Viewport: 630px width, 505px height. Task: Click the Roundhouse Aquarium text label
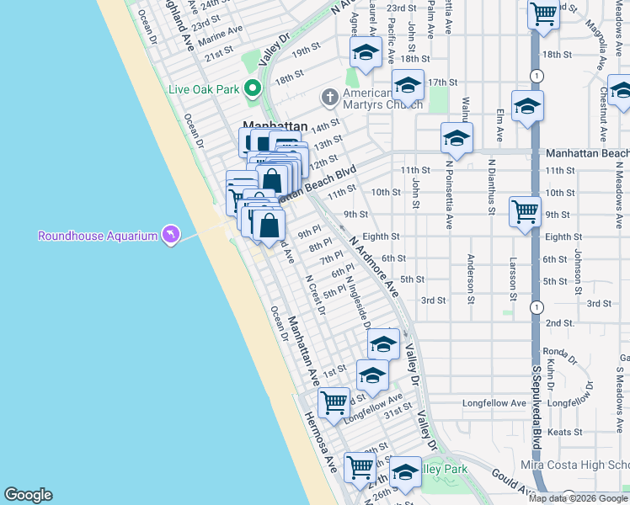click(98, 236)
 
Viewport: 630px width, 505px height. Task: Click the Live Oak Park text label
click(204, 89)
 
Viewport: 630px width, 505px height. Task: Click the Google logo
click(28, 495)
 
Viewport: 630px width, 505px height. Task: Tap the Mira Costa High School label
click(588, 465)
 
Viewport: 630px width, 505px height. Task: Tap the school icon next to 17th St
click(408, 86)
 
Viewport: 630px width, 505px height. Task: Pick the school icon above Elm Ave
click(527, 106)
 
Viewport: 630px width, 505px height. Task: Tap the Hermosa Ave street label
click(321, 440)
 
